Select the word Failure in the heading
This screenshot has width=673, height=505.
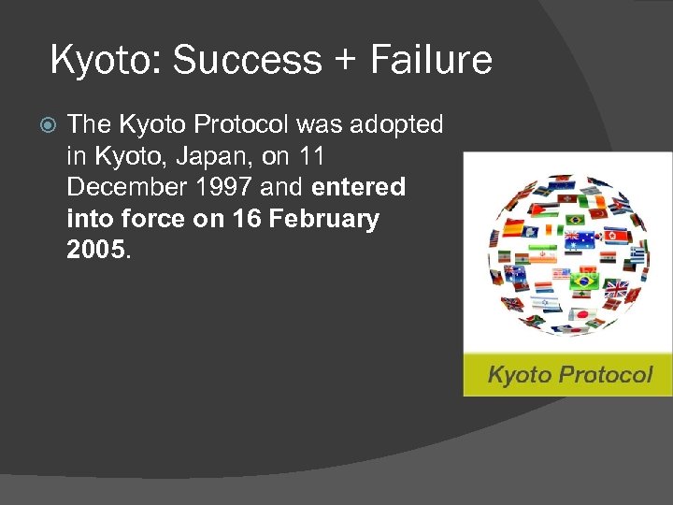point(430,60)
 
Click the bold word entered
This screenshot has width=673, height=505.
point(358,187)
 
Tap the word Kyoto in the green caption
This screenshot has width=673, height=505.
point(519,376)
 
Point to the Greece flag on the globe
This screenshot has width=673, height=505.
point(637,253)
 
